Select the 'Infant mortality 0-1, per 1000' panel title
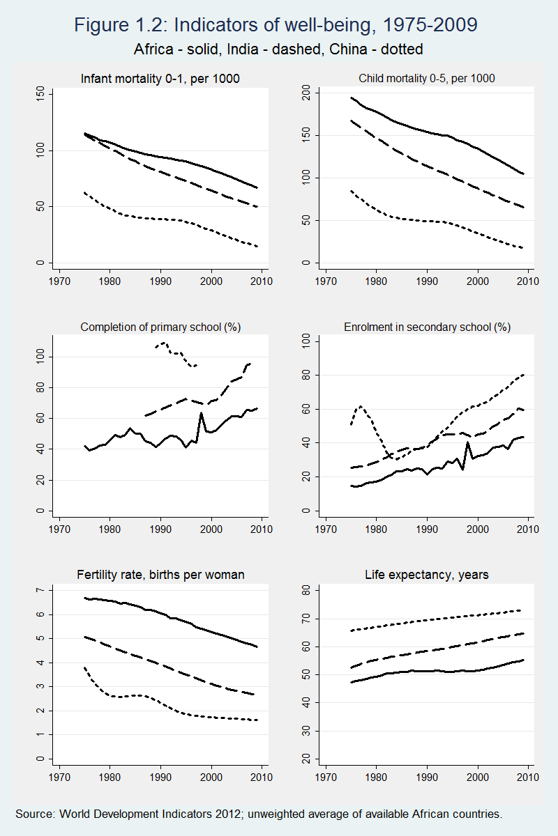tap(160, 79)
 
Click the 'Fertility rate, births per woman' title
tap(160, 575)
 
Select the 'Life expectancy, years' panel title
tap(426, 575)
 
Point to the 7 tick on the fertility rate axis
tap(40, 591)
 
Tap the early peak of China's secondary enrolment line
tap(361, 406)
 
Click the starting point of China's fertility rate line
tap(84, 667)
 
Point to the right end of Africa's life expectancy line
tap(523, 660)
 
